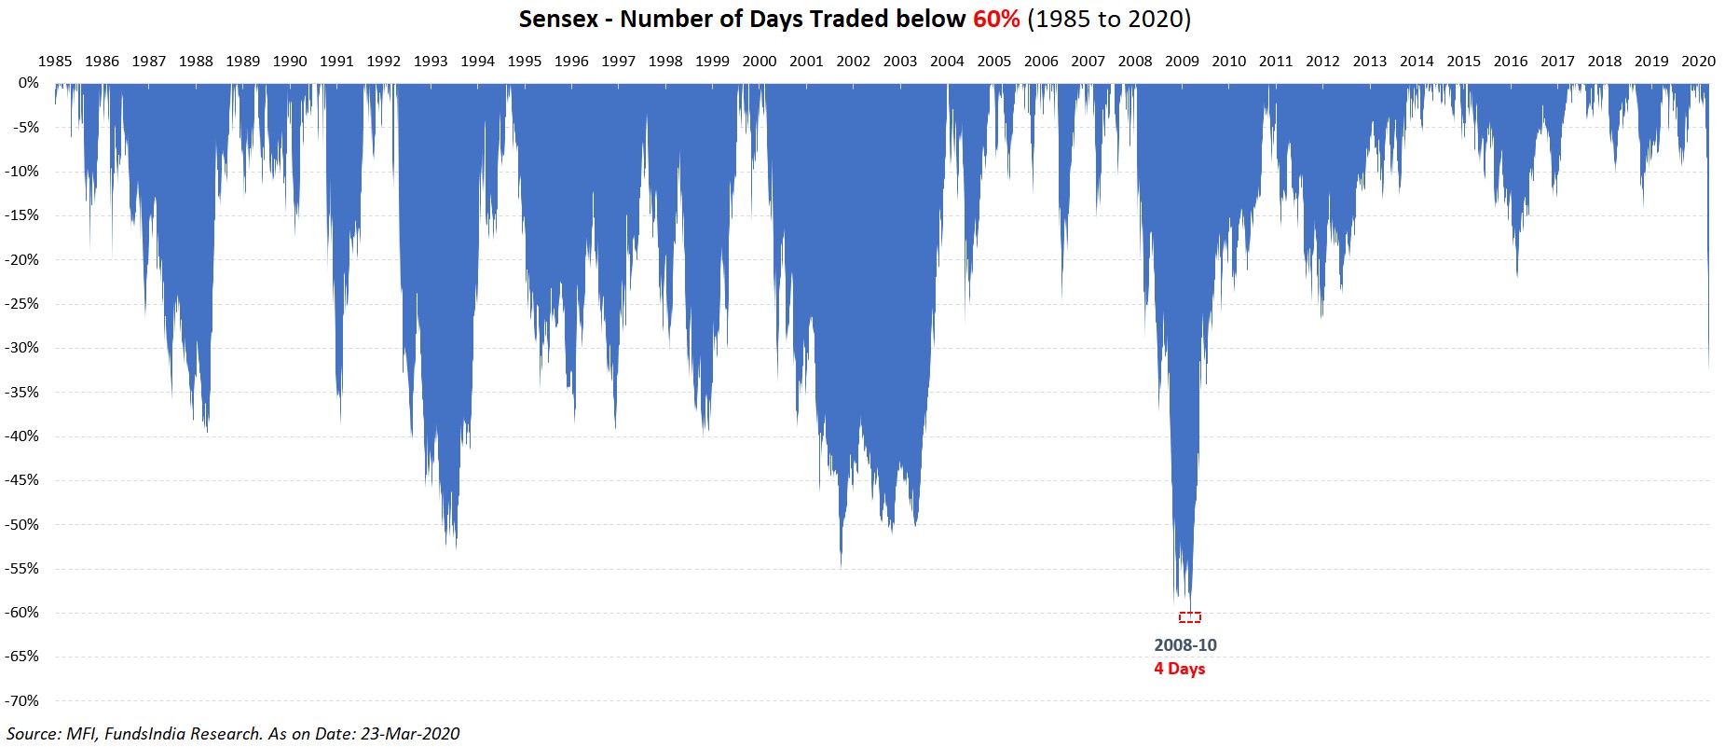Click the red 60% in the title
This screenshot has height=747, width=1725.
coord(996,19)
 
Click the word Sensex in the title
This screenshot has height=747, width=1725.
coord(558,19)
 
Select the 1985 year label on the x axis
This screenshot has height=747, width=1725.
coord(55,62)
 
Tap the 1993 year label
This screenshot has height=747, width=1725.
coord(431,62)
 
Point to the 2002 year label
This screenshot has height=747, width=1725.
coord(853,62)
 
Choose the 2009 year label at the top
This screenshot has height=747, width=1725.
coord(1182,62)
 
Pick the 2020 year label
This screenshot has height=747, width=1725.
coord(1698,62)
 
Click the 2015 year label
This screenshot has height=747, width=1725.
coord(1463,62)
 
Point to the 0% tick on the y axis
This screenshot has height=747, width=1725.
coord(29,83)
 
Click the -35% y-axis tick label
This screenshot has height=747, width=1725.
coord(23,393)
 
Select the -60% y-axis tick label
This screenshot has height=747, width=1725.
coord(23,613)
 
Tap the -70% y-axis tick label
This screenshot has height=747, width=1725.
coord(23,701)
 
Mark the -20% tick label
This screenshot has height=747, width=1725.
coord(23,260)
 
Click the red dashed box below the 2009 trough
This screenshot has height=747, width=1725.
coord(1190,617)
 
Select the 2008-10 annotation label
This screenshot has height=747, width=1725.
coord(1185,645)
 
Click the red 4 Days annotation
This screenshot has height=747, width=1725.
coord(1180,669)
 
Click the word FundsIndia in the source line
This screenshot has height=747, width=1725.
coord(145,734)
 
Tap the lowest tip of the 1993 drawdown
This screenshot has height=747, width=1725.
coord(456,546)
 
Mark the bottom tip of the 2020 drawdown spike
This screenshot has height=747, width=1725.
coord(1708,367)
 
